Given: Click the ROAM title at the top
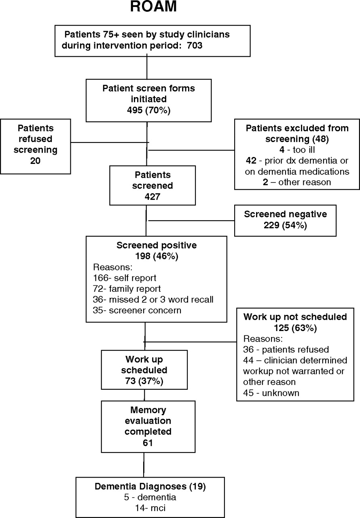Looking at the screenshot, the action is (153, 6).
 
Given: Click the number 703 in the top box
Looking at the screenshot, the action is (195, 45).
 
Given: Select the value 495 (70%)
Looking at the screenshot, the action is (148, 110).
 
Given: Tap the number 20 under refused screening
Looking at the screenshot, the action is (35, 161).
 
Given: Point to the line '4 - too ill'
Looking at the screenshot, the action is (297, 150).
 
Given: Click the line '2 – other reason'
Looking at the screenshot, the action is (297, 182).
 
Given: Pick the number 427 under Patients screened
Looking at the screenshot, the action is (152, 197).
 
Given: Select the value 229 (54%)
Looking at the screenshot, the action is (285, 225).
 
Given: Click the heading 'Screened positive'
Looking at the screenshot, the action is (157, 245).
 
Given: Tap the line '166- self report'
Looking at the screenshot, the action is (125, 278).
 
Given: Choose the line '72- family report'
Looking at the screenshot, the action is (127, 289).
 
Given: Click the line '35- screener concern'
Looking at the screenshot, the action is (137, 310).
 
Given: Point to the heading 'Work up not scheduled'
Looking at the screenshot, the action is (295, 317).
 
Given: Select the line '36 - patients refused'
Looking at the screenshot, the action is (286, 349).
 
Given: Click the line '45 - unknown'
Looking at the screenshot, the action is (271, 393).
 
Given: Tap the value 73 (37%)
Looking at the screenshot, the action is (144, 381).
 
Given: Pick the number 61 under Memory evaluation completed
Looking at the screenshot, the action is (148, 443).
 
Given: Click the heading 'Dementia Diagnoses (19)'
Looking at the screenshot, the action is (150, 486).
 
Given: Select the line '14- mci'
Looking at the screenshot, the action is (150, 508).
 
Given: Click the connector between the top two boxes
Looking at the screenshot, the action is (147, 67).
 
